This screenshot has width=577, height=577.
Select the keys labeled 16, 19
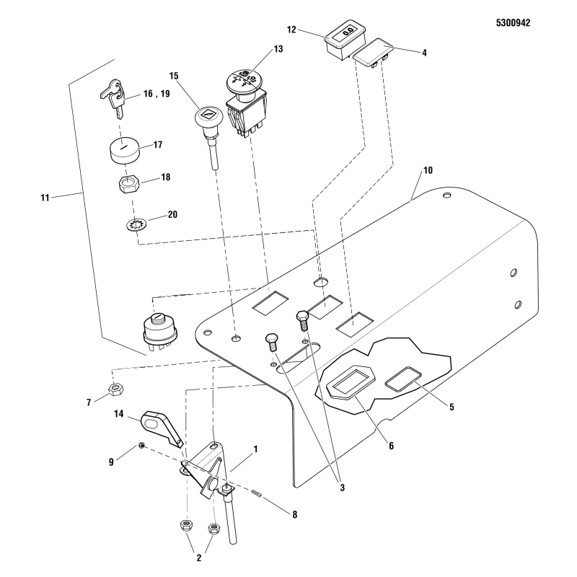(x=111, y=98)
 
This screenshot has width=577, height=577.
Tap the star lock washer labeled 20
(x=135, y=224)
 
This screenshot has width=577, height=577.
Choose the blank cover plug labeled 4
(x=371, y=55)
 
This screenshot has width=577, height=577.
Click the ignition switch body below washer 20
(x=160, y=332)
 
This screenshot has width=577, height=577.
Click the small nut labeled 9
(x=143, y=446)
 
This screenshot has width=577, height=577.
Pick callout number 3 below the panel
(x=342, y=488)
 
